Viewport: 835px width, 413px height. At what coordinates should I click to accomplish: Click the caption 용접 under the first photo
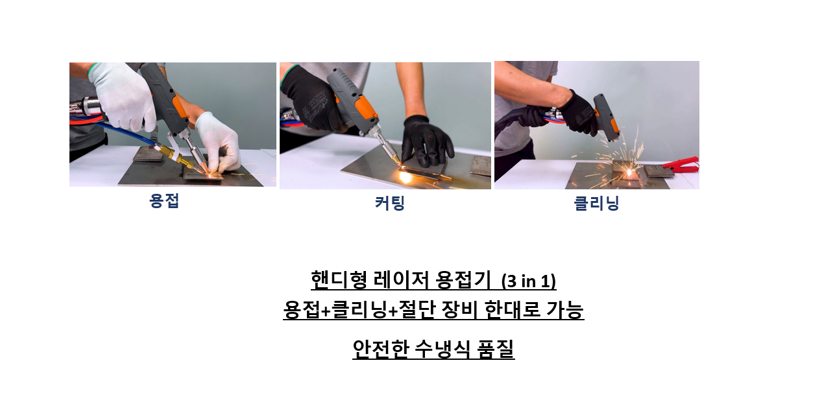164,201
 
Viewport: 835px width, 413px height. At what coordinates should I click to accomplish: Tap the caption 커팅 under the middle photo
389,204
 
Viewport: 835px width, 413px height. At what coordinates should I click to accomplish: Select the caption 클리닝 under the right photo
596,204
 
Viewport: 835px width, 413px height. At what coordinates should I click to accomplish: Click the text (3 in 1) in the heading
529,281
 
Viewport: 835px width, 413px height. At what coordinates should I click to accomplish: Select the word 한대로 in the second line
513,309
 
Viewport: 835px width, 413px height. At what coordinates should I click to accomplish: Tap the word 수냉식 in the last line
442,349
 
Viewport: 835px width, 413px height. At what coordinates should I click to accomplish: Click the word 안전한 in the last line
380,349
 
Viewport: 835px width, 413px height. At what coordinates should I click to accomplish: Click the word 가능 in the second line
565,309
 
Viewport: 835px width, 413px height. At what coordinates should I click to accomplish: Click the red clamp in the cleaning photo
681,164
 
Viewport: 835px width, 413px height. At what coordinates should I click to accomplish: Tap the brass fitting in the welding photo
175,155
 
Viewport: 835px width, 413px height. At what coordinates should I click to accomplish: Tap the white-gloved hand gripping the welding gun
123,96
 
